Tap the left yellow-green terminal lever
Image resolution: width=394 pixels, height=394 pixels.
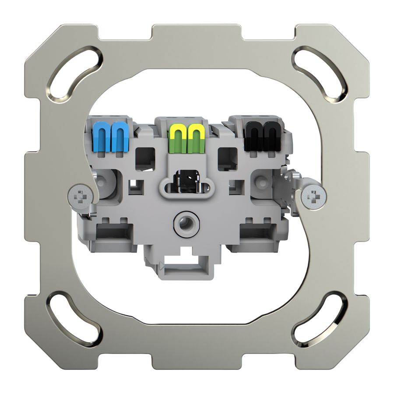point(176,137)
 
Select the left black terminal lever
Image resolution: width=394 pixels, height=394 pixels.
point(253,136)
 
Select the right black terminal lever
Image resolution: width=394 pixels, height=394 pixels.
point(270,136)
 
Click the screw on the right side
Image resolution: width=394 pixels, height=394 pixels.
point(314,198)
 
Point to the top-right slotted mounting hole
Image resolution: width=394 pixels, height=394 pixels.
point(319,73)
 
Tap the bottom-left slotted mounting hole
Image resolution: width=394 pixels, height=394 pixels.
point(74,319)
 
